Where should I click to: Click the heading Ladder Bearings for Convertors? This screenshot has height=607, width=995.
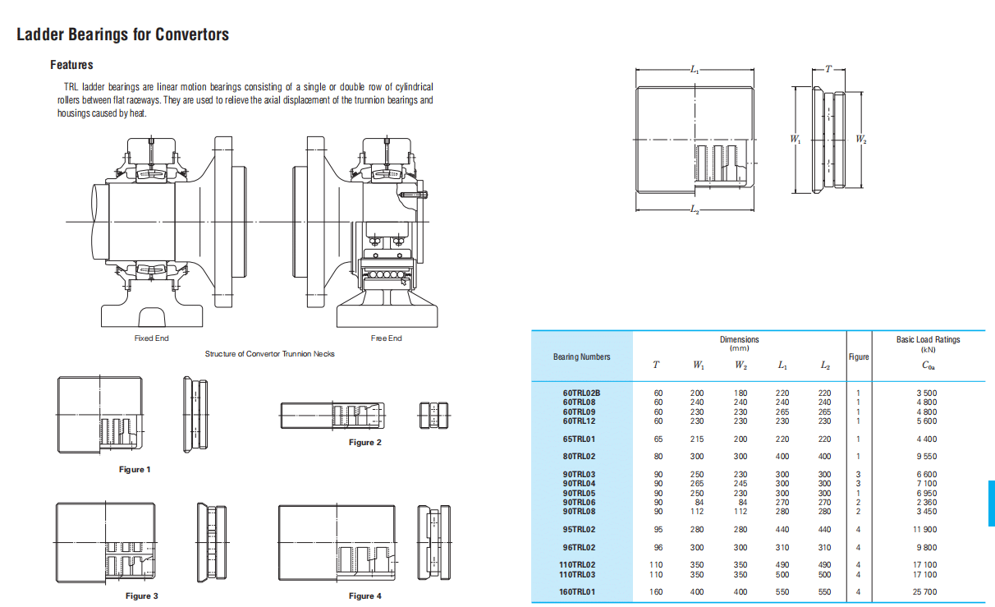coord(122,34)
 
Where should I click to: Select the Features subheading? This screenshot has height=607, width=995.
coord(71,65)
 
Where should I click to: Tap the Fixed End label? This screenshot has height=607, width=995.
coord(151,338)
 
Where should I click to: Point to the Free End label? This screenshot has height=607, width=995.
coord(386,338)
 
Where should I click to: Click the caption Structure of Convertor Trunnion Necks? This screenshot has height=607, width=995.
coord(269,354)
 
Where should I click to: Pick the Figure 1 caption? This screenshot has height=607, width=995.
coord(135,470)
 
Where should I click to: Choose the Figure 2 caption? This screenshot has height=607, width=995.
coord(365,443)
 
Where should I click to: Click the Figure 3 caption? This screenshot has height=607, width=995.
coord(142,596)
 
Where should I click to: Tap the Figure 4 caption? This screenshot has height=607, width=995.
coord(365,596)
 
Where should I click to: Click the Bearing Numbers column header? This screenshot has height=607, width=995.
coord(582,357)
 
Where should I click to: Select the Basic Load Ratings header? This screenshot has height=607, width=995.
coord(928,339)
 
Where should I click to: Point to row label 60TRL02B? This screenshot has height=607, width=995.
coord(581,393)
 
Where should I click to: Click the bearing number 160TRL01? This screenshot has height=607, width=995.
coord(577,591)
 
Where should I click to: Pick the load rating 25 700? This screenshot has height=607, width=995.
coord(925,591)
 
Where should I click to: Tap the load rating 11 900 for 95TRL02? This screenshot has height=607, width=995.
coord(925,530)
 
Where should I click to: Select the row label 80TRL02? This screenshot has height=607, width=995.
coord(579,456)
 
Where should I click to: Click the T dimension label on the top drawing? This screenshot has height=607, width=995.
coord(828,69)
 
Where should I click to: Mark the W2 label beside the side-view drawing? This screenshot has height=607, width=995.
coord(860,140)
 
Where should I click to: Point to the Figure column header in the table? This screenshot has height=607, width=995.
coord(859,357)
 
